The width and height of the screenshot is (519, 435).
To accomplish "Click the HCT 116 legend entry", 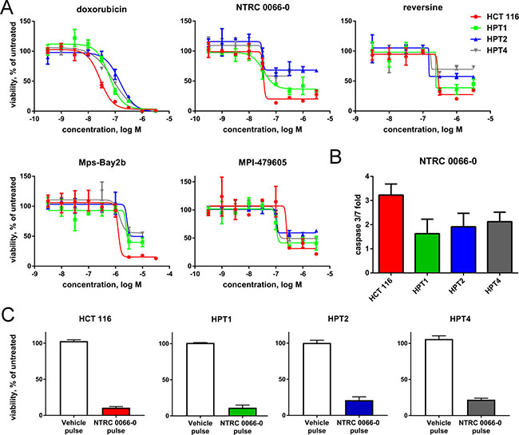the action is (494, 17).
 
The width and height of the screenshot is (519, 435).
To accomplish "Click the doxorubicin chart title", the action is (101, 9).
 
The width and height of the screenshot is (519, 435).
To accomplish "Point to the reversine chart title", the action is (422, 7).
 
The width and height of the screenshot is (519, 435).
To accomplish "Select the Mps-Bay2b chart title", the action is (102, 163).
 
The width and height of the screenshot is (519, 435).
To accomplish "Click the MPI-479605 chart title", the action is (263, 163).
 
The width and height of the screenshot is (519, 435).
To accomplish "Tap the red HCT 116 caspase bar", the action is (391, 234).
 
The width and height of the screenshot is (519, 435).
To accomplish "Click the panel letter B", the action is (336, 157).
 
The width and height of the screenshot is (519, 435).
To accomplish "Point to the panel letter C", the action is (7, 315).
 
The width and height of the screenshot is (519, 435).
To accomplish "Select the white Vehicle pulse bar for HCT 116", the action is (73, 378).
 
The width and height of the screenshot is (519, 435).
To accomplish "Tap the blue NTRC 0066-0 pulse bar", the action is (359, 408).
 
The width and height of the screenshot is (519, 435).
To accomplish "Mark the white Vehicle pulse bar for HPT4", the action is (439, 378).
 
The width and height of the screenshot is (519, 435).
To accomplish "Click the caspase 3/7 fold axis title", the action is (359, 224).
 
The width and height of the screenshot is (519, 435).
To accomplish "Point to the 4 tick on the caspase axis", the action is (366, 176).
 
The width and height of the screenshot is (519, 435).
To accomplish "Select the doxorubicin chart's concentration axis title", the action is (101, 129).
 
